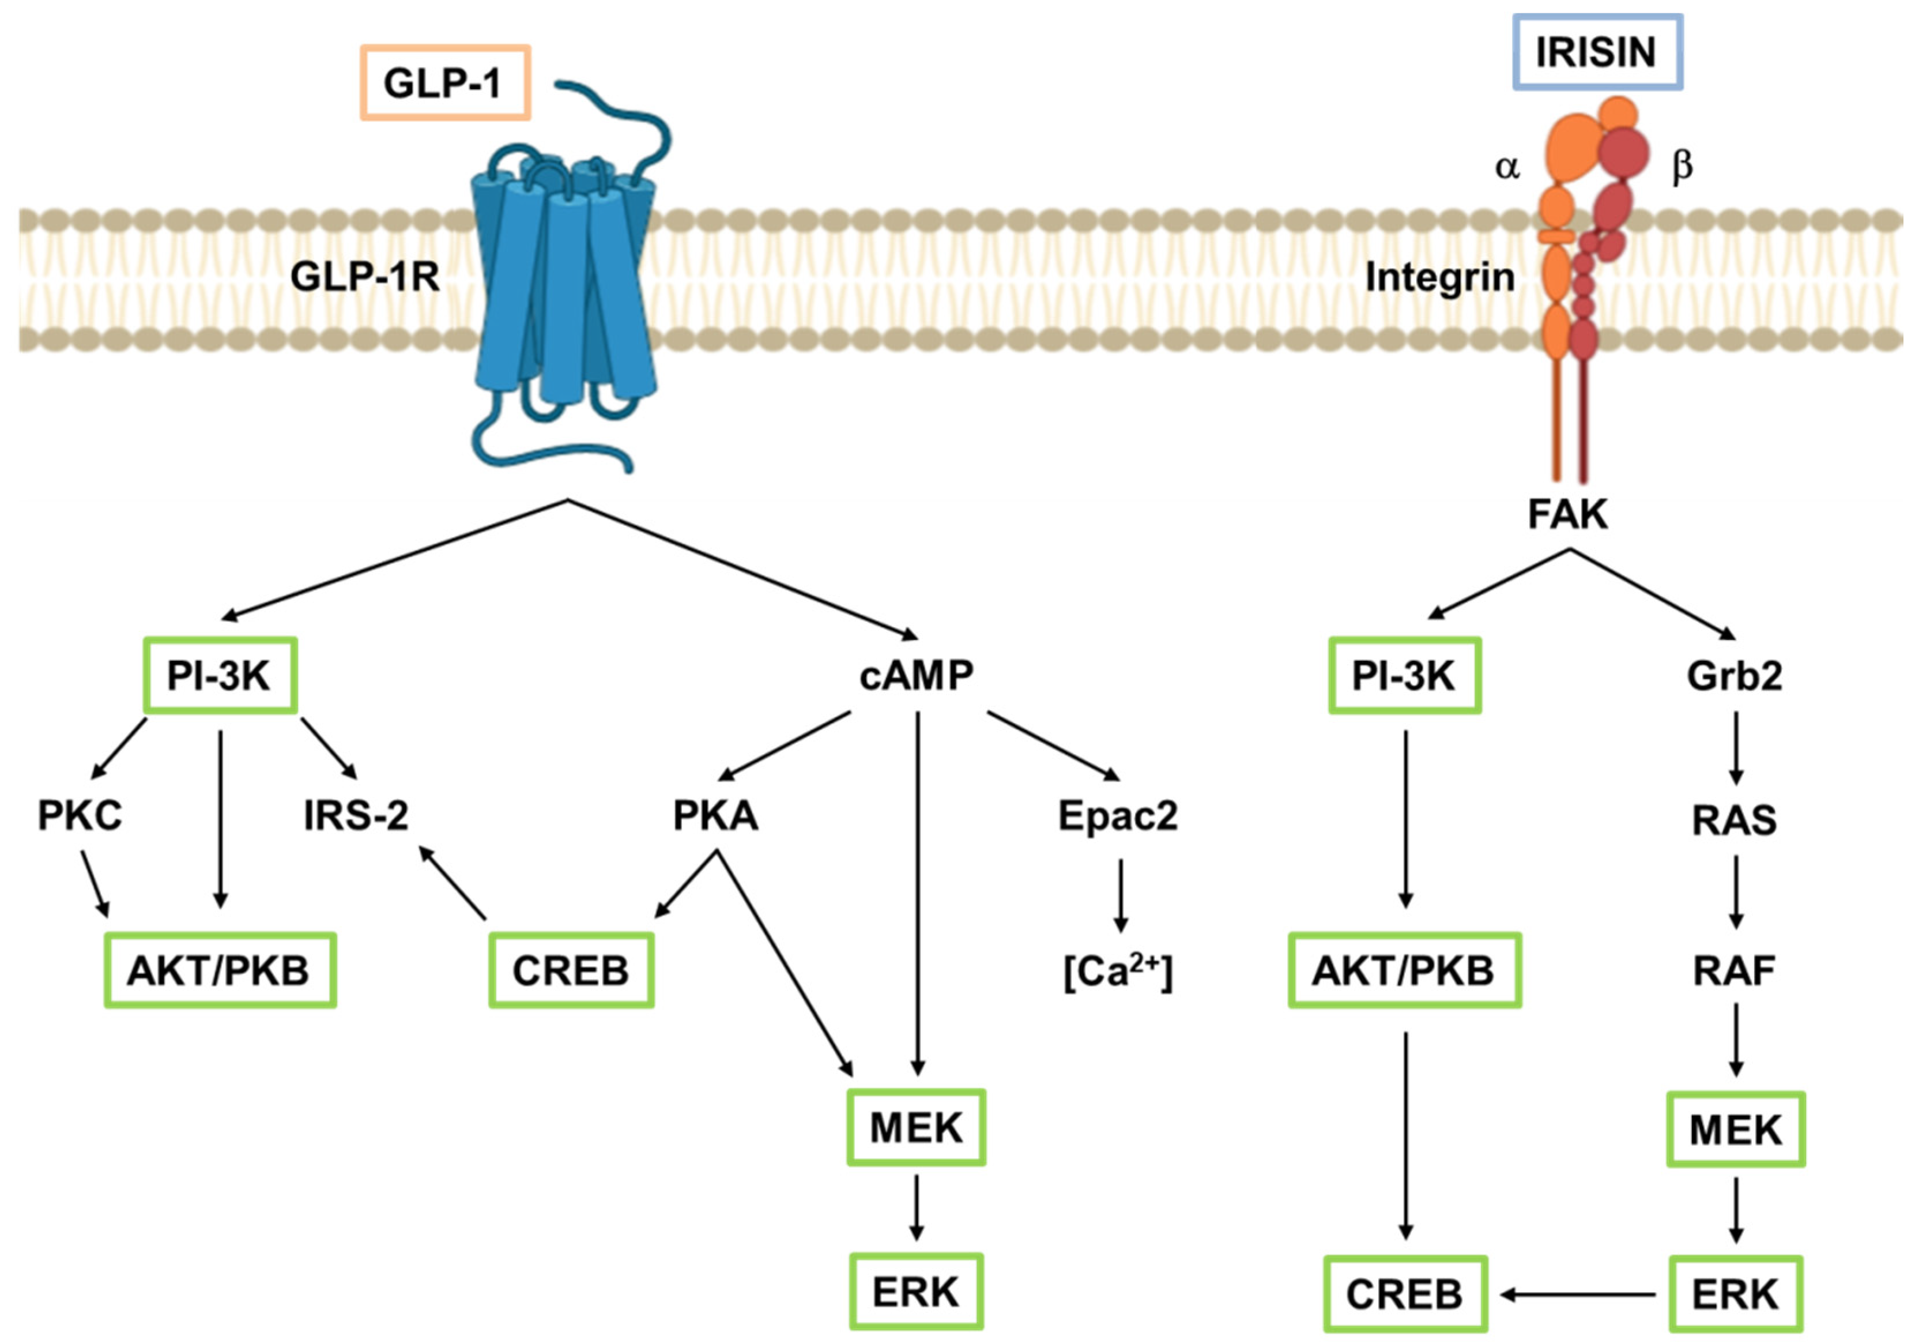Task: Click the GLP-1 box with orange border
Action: [x=444, y=82]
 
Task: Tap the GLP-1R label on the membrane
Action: [x=364, y=276]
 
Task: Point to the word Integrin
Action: [x=1439, y=276]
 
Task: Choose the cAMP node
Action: [x=916, y=675]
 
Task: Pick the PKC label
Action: [x=80, y=815]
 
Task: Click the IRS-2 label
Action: [x=356, y=815]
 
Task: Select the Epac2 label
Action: [x=1118, y=815]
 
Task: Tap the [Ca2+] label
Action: [x=1118, y=971]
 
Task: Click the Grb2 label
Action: [x=1735, y=675]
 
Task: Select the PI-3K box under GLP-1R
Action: [x=220, y=675]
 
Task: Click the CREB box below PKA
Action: [x=571, y=970]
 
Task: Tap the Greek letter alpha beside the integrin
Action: [x=1507, y=167]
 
